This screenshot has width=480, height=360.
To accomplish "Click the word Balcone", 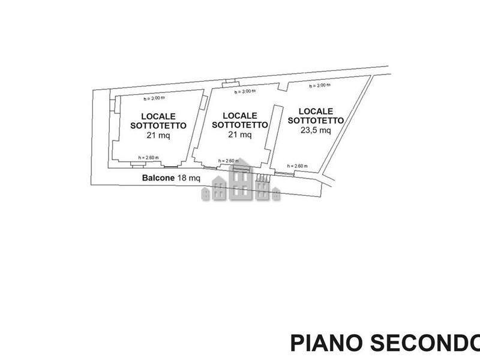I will (158, 178).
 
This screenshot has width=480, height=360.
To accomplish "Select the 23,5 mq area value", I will (316, 130).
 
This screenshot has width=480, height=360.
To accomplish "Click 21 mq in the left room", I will (158, 135).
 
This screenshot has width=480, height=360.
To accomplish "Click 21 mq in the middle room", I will (240, 135).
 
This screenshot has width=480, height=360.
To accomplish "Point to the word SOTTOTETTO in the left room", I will (158, 125).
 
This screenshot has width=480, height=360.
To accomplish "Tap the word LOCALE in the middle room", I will (240, 115).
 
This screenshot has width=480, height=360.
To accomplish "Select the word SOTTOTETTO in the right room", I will (316, 120).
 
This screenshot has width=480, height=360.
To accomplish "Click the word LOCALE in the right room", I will (316, 111).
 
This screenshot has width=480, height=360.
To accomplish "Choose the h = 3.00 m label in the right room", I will (319, 86).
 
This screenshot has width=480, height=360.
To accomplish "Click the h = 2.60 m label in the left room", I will (148, 158).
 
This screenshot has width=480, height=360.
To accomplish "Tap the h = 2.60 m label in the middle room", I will (229, 161).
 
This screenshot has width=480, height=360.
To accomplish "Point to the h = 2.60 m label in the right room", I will (298, 166).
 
